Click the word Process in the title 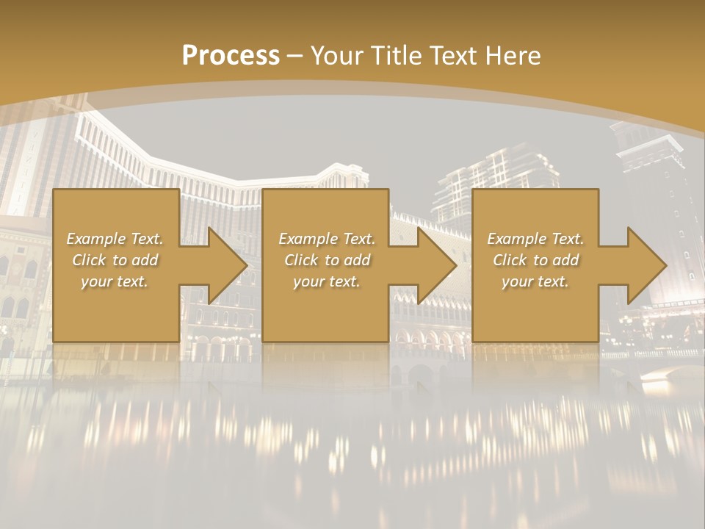pyautogui.click(x=231, y=56)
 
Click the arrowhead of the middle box pyautogui.click(x=436, y=265)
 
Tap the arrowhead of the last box pyautogui.click(x=646, y=265)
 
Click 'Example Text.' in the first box pyautogui.click(x=115, y=239)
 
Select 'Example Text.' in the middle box pyautogui.click(x=326, y=239)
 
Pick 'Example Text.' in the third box pyautogui.click(x=535, y=239)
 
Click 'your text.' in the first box pyautogui.click(x=115, y=281)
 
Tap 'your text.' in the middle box pyautogui.click(x=326, y=281)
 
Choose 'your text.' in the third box pyautogui.click(x=535, y=281)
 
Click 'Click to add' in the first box pyautogui.click(x=115, y=260)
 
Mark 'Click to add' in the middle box pyautogui.click(x=326, y=260)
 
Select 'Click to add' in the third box pyautogui.click(x=535, y=260)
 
